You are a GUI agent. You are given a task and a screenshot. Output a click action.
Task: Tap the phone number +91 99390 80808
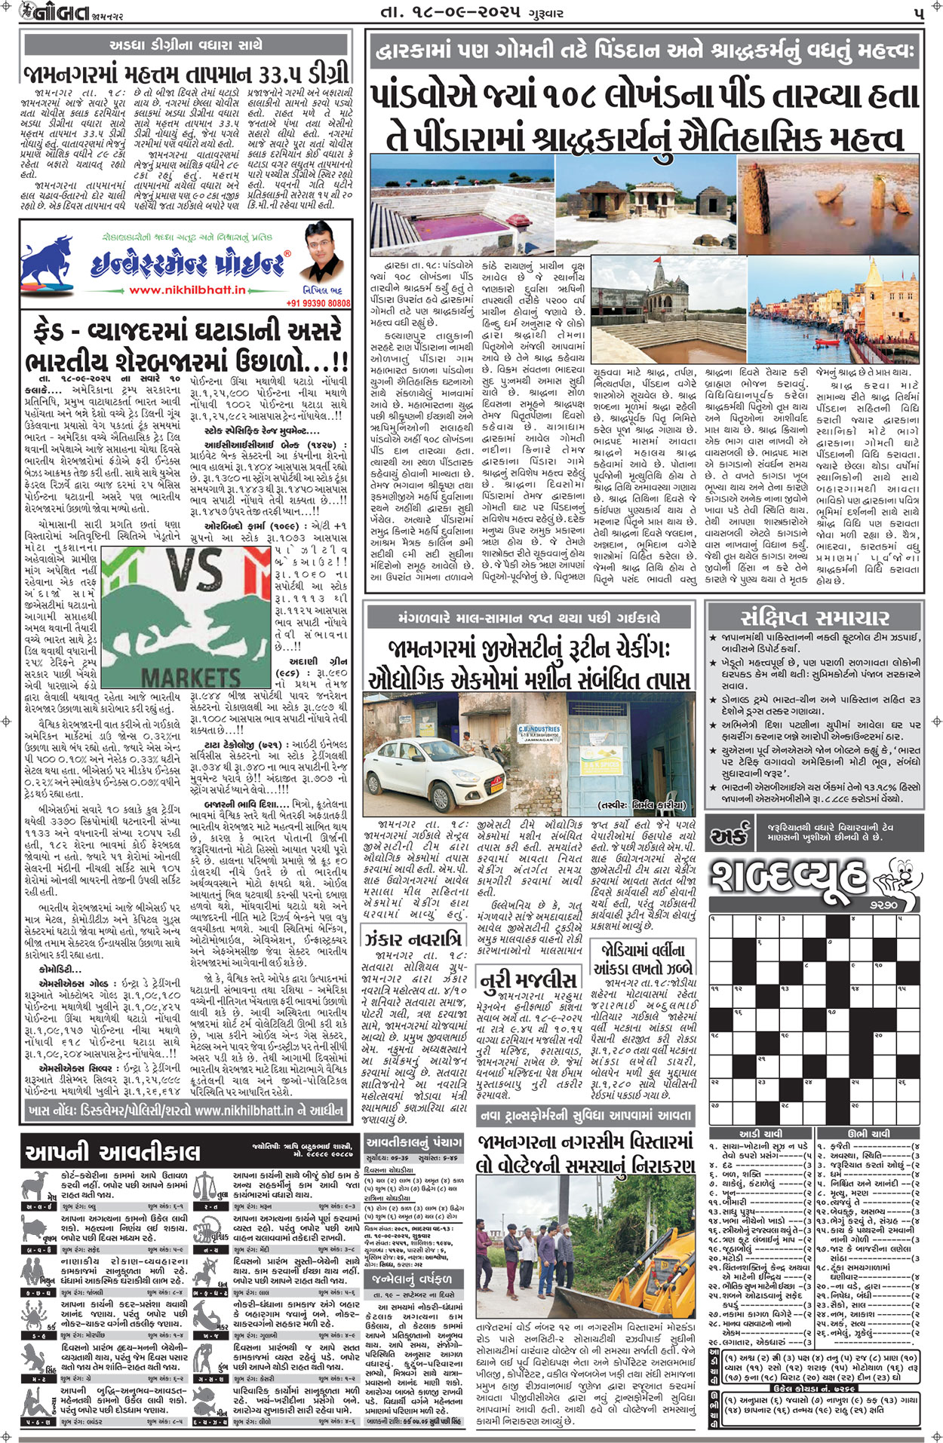coord(318,302)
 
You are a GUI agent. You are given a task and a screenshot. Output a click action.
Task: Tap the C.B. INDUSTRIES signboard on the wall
coord(539,733)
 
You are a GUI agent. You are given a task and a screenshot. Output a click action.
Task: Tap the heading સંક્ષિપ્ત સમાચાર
coord(814,618)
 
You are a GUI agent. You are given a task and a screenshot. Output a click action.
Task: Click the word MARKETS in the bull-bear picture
coord(191,676)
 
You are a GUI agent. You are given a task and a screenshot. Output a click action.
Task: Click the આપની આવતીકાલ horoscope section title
coord(113,1151)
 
